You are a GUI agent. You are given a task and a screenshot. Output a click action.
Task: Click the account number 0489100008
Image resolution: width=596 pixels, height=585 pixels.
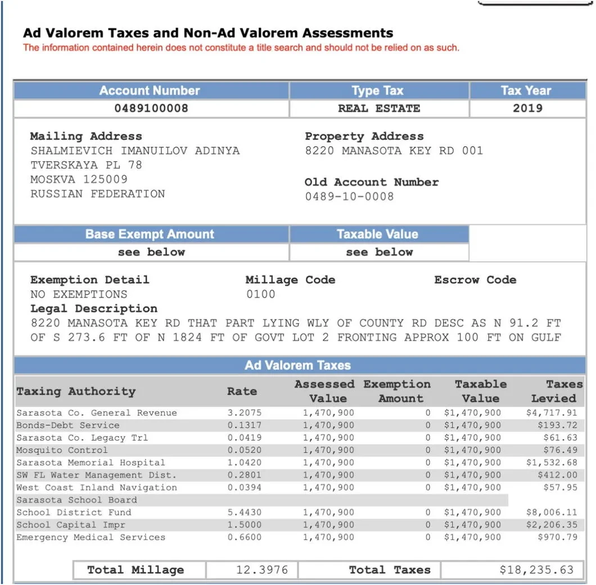point(151,108)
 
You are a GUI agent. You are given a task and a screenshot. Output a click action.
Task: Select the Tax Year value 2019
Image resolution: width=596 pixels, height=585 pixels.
point(527,108)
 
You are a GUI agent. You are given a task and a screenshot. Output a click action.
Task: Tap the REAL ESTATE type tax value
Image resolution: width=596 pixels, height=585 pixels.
point(378,108)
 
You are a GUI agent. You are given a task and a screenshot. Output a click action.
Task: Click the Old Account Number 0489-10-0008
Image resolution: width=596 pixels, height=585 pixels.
point(349,197)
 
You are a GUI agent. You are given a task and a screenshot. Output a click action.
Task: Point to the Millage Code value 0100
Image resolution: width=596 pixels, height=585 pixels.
point(261,294)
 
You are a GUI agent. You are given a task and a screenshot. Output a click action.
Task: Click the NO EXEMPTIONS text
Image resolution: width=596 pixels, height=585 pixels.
point(79,294)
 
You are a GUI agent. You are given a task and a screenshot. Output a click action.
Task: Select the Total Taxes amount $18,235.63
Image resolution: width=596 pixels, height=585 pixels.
point(536,570)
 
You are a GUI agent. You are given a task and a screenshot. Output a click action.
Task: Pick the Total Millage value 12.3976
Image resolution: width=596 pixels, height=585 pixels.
point(262,570)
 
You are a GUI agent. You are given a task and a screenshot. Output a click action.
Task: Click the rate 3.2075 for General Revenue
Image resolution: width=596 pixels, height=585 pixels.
point(244,413)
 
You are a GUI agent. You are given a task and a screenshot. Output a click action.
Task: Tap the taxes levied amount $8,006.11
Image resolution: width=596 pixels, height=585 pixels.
point(552,513)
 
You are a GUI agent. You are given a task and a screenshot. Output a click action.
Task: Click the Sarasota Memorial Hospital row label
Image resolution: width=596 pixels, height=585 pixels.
point(91,462)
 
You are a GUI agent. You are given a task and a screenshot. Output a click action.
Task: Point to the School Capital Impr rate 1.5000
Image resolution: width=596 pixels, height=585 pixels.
point(244,525)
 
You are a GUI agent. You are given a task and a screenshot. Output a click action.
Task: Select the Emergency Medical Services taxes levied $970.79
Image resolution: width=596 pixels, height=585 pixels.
point(557,537)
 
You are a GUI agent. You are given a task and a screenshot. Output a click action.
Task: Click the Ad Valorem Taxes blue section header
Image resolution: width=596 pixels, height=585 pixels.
point(297,365)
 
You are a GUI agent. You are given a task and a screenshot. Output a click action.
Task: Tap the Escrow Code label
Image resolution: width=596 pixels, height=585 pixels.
point(475,280)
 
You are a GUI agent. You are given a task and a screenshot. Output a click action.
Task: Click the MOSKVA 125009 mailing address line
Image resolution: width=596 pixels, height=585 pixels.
point(79,179)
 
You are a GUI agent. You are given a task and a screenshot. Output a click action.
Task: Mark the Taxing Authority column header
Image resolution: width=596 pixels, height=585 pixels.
point(76,391)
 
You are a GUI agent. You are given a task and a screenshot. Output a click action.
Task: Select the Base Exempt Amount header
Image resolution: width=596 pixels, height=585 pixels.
point(150,234)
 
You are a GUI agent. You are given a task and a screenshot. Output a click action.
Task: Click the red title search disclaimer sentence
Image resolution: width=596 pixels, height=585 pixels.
point(241,48)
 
